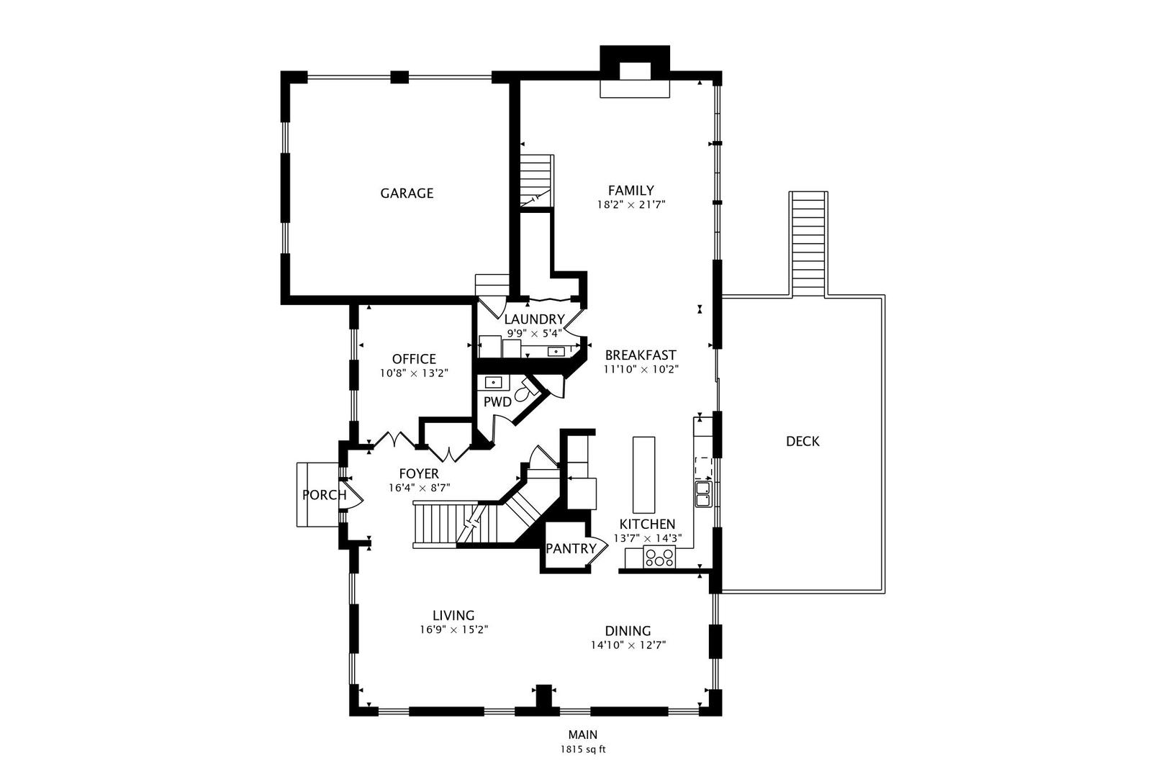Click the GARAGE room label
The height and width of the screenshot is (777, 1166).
tap(407, 193)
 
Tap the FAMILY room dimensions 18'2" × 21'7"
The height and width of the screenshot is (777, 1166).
tap(631, 205)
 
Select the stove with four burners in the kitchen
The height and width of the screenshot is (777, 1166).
tap(659, 558)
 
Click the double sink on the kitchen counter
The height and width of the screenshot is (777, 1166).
tap(703, 494)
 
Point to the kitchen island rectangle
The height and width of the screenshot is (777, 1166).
tap(644, 475)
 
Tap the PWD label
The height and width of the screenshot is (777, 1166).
tap(497, 402)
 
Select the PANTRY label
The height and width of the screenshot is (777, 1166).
tap(571, 548)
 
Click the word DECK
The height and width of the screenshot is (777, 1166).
tap(803, 441)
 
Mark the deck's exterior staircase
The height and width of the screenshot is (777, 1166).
tap(808, 244)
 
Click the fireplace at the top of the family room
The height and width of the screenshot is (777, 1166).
tap(635, 72)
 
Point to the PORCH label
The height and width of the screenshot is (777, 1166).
tap(325, 495)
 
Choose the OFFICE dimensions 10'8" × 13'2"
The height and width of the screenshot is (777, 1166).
tap(415, 373)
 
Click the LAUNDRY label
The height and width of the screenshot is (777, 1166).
tap(535, 319)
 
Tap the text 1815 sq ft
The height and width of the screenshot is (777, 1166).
tap(583, 750)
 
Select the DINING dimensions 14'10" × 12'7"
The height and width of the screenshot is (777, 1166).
tap(628, 645)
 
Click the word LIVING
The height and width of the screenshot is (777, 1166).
tap(453, 616)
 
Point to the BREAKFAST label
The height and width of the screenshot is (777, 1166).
tap(641, 355)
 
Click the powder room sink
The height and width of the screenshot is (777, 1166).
tap(493, 383)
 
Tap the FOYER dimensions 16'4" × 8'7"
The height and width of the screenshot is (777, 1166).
tap(419, 489)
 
